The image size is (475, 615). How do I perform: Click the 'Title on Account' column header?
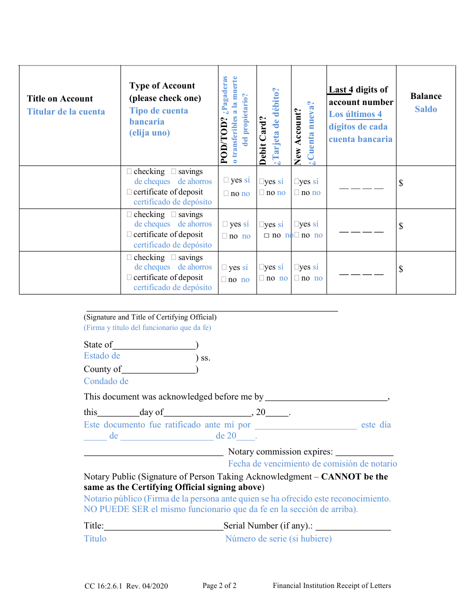60,99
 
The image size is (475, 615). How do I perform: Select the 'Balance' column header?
426,96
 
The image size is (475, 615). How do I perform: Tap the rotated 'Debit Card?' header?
263,140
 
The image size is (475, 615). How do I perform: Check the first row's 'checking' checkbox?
130,171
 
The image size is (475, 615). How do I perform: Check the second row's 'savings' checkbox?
174,214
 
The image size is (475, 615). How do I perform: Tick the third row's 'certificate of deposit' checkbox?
130,277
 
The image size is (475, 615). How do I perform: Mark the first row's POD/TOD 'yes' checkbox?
226,180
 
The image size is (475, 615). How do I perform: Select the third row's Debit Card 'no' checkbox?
262,278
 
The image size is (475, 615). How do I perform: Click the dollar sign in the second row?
401,226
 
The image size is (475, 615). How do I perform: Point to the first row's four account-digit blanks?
361,187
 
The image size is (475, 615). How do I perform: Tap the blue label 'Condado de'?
106,381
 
